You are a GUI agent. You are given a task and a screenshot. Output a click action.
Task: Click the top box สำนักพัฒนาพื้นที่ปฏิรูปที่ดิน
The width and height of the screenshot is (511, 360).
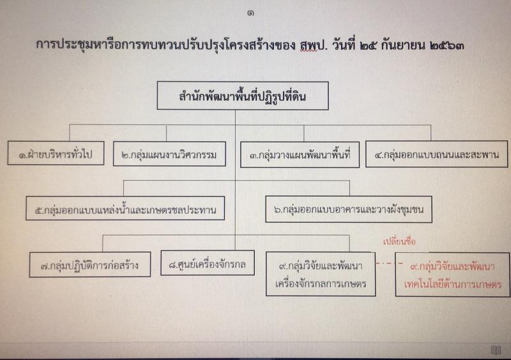tap(243, 96)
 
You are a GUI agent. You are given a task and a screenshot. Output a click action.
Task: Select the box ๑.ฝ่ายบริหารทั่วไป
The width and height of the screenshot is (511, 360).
tap(56, 153)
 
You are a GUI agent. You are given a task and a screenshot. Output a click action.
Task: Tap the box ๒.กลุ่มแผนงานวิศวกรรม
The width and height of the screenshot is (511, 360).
tap(169, 154)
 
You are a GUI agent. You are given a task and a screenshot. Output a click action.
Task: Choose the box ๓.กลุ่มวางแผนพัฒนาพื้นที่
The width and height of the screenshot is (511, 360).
tap(300, 154)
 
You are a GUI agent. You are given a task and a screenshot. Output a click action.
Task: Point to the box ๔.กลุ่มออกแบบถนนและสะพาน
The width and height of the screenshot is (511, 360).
tap(437, 154)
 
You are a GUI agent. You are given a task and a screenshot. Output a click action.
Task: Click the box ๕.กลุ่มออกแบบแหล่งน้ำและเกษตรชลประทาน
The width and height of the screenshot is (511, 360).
tap(125, 209)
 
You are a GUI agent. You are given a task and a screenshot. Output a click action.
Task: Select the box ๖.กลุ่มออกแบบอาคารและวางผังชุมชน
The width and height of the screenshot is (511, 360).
tap(349, 209)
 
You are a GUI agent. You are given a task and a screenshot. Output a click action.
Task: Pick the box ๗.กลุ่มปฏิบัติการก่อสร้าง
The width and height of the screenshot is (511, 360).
tap(90, 264)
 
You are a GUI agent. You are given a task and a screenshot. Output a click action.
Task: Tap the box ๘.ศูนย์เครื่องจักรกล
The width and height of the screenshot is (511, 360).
tap(208, 263)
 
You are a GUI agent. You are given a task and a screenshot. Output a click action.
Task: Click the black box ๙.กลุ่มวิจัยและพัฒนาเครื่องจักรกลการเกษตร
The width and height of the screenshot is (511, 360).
tap(321, 274)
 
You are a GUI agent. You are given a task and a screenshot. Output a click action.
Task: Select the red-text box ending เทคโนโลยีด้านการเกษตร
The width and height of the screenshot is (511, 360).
tap(452, 274)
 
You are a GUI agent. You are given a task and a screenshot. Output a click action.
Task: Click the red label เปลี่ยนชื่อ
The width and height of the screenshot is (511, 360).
tap(400, 241)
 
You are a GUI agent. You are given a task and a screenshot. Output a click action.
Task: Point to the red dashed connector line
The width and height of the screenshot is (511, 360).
tap(386, 263)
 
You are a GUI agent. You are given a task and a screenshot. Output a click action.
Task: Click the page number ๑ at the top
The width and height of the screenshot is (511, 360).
tap(250, 13)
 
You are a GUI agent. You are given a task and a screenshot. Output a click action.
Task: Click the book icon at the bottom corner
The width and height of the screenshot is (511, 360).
tap(496, 350)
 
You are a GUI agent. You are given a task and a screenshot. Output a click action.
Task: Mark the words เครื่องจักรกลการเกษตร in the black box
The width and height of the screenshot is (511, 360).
tap(321, 284)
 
